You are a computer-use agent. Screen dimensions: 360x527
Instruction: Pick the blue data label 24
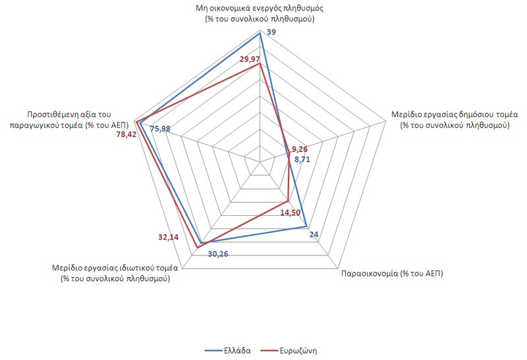(314, 235)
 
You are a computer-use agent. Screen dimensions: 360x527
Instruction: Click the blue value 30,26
(218, 254)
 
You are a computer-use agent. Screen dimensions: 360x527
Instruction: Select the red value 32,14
(169, 237)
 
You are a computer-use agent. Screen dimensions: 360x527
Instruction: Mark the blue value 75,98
(160, 128)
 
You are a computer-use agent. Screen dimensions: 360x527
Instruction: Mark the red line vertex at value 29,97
(260, 63)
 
